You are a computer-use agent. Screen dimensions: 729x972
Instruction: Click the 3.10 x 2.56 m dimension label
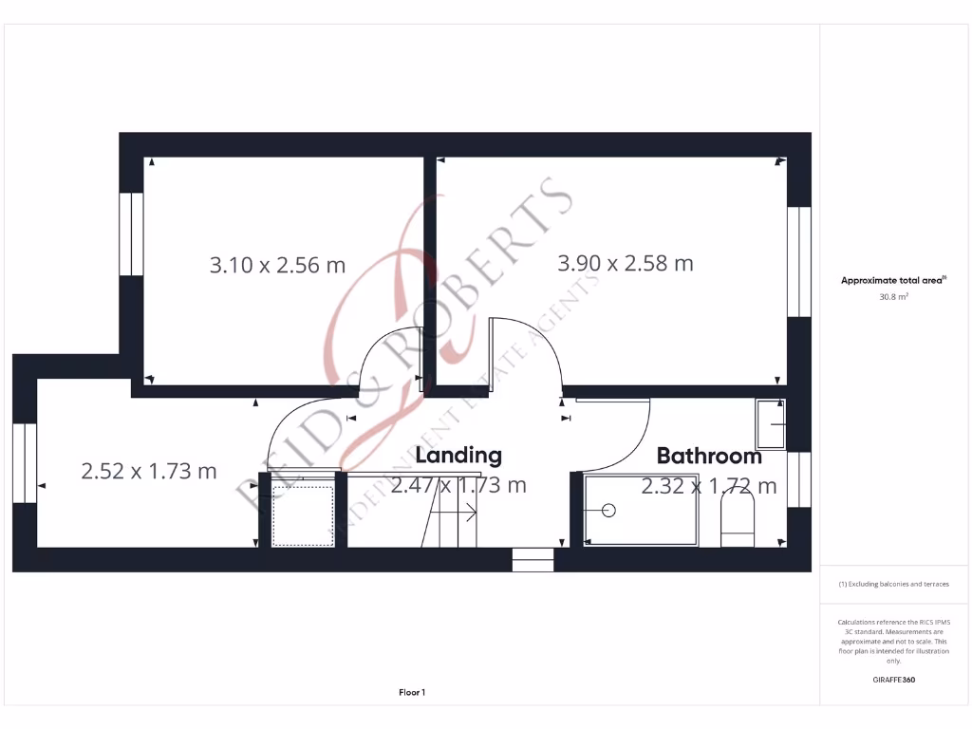pos(277,265)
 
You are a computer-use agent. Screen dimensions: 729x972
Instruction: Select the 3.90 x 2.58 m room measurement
pos(625,263)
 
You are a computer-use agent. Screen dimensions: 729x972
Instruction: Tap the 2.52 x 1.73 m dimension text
pos(149,470)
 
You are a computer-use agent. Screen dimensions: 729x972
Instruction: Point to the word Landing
pos(458,456)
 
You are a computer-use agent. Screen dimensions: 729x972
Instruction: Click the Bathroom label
pos(709,457)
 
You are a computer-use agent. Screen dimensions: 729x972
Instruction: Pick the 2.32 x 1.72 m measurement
pos(708,487)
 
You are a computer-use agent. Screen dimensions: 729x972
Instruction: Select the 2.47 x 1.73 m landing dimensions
pos(458,486)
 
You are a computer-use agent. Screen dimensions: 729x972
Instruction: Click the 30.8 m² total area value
pos(893,297)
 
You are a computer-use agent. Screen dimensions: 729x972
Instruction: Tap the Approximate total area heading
pos(892,280)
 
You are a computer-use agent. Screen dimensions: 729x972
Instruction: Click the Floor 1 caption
pos(412,693)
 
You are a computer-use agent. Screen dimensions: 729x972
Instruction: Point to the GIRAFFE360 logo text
pos(893,680)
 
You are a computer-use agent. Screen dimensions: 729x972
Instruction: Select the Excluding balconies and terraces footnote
pos(893,584)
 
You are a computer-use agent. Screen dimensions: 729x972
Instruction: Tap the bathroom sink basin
pos(770,423)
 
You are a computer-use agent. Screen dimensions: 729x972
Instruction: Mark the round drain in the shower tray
pos(608,510)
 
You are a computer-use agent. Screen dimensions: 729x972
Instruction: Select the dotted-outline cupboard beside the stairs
pos(303,515)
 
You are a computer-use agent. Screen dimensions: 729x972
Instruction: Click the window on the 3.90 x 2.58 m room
pos(799,260)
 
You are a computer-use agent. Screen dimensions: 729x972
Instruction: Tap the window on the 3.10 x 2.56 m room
pos(131,234)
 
